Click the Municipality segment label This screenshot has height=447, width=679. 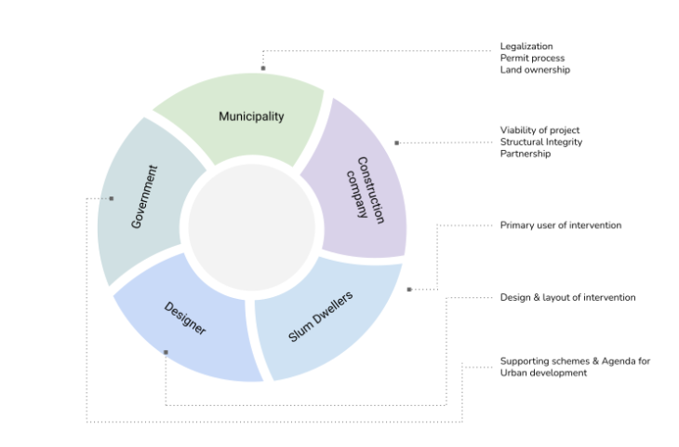[x=251, y=116]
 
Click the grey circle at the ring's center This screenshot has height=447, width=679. [x=251, y=228]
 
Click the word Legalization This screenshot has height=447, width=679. [x=526, y=46]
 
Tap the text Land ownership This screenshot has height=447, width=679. [x=535, y=70]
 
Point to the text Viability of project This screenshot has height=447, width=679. [x=539, y=129]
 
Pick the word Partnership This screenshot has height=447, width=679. [x=526, y=154]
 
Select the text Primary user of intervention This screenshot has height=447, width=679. [x=561, y=225]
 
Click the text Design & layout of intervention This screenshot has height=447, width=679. [x=567, y=297]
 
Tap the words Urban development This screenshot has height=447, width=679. [x=543, y=372]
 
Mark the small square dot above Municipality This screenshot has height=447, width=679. [x=263, y=68]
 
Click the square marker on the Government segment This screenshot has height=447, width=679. [x=112, y=197]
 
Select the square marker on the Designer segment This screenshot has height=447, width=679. [x=166, y=352]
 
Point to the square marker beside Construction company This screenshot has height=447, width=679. [x=396, y=142]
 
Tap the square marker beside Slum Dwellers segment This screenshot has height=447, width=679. [x=409, y=290]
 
